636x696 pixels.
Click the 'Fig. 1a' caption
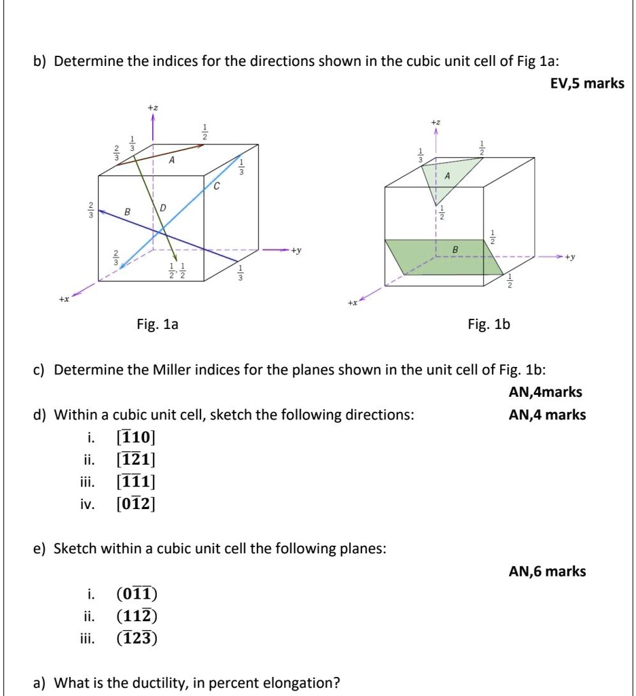point(157,325)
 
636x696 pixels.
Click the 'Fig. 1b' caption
point(488,325)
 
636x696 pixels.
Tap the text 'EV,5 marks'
point(586,84)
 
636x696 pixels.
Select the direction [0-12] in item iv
point(136,504)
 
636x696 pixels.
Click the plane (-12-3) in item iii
point(137,638)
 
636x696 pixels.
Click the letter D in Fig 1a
point(163,206)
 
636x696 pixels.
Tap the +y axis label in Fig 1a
point(296,250)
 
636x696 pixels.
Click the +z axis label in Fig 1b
point(436,120)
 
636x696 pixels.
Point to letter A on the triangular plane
point(447,175)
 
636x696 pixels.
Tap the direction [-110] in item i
point(136,437)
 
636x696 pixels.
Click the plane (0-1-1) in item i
point(137,594)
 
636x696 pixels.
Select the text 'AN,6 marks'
point(547,572)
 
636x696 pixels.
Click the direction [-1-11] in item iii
point(136,482)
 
